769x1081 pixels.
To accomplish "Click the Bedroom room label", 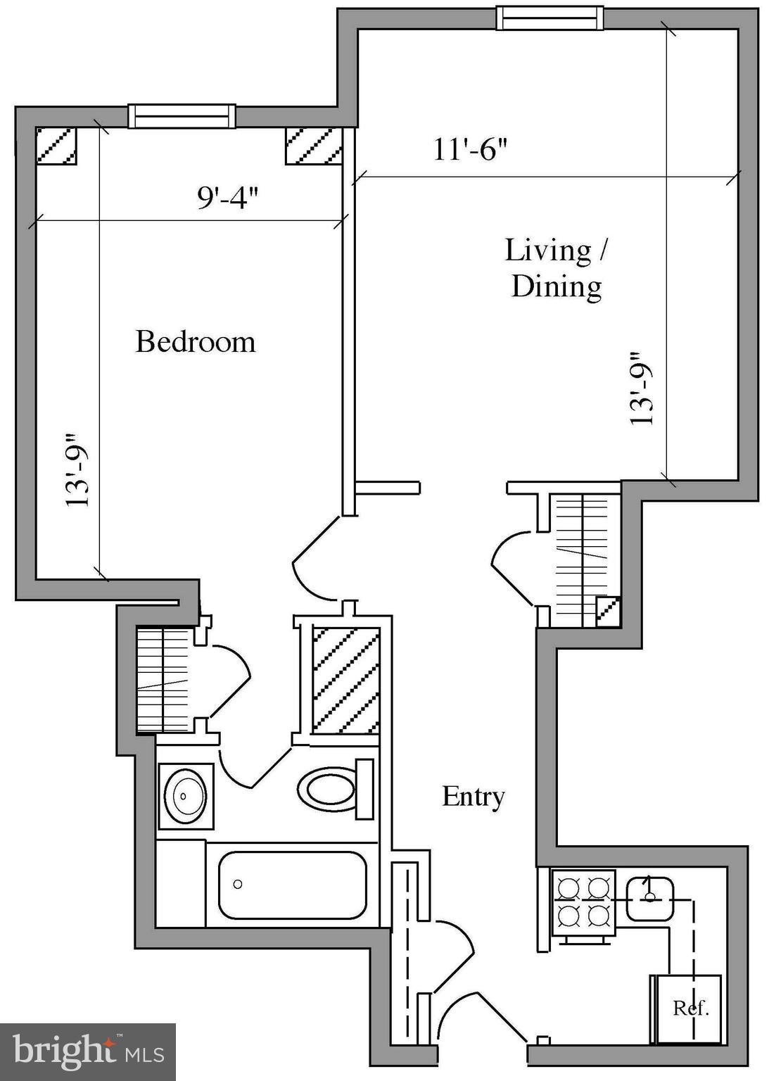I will (195, 341).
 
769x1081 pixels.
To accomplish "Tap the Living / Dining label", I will (556, 268).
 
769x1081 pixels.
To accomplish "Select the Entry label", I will (473, 796).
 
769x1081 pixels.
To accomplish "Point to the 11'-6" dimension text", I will (469, 149).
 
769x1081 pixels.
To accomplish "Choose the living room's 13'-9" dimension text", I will (641, 388).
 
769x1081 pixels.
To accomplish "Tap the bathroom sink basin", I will (185, 795).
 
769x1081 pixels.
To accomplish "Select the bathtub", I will (292, 885).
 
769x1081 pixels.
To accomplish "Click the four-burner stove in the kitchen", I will (583, 902).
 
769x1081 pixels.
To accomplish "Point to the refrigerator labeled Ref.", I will (688, 1008).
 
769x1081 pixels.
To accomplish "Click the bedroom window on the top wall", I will (182, 116).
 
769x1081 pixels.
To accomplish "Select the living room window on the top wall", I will (549, 18).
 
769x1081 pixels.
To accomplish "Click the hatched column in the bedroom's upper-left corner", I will (56, 146).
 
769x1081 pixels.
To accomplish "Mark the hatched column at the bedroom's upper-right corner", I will (312, 146).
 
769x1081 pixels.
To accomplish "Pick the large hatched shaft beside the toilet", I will (345, 680).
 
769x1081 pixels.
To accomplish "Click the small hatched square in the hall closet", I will (607, 611).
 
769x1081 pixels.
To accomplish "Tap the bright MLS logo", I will (87, 1051).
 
